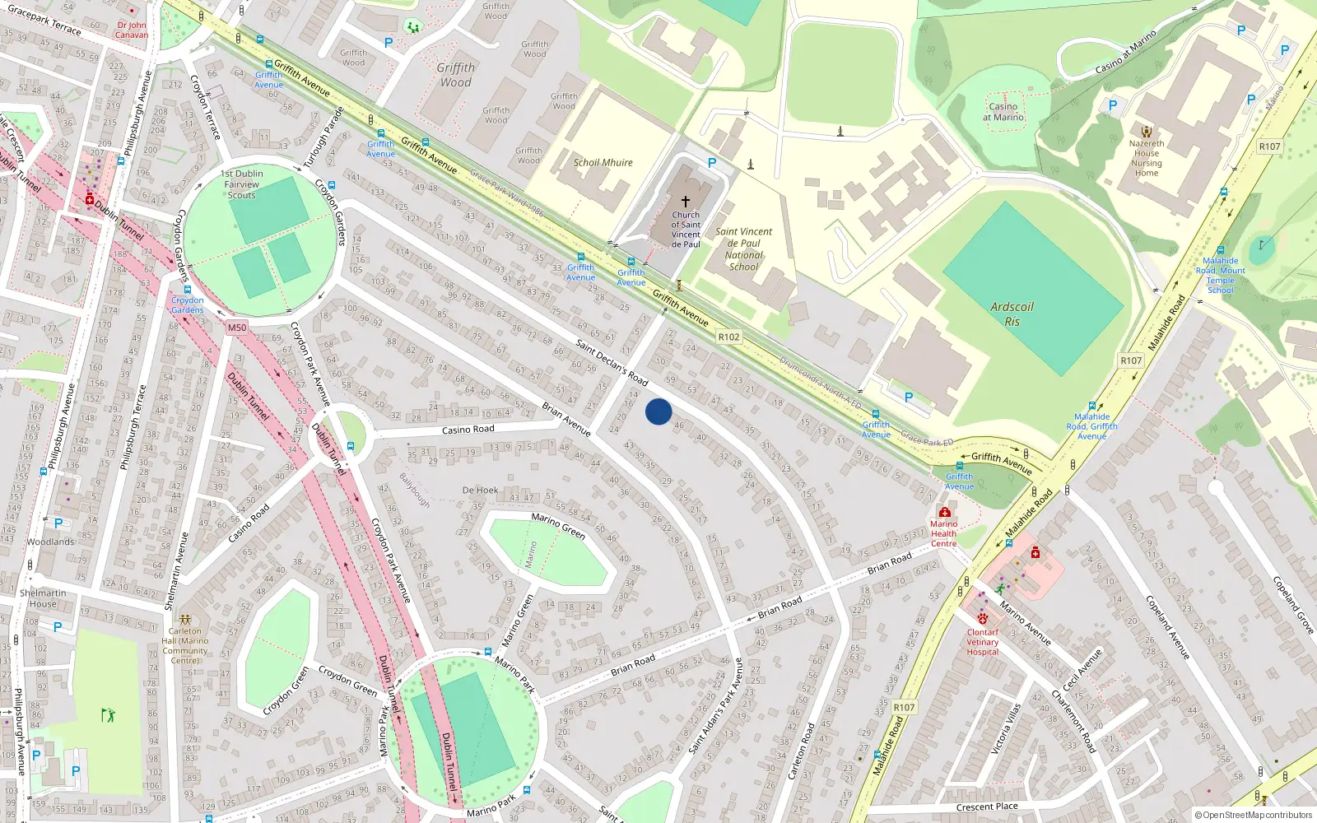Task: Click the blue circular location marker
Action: coord(658,411)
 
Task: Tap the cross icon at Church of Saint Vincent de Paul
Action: coord(686,201)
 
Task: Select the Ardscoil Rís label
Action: coord(1012,314)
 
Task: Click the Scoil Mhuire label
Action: coord(603,162)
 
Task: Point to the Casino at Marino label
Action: coord(1003,112)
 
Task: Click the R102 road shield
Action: coord(728,337)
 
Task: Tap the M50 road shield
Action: coord(237,328)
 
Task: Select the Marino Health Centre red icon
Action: coord(944,512)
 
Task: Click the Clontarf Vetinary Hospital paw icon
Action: coord(983,618)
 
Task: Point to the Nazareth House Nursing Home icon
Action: coord(1146,131)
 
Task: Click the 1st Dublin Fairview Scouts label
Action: coord(242,184)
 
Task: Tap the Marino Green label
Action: coord(558,525)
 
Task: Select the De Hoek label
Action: coord(480,490)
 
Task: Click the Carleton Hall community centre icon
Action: coord(185,619)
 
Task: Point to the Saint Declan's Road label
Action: coord(612,362)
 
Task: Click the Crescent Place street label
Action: coord(987,807)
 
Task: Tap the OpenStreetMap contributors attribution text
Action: coord(1253,815)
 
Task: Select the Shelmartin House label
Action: coord(43,598)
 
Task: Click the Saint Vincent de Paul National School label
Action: coord(743,249)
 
